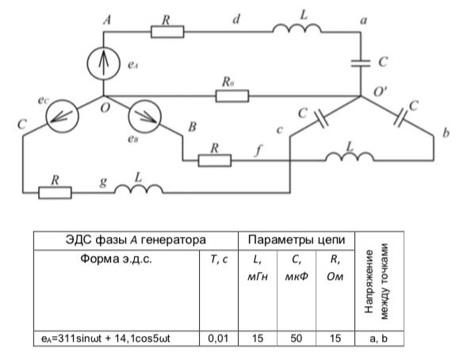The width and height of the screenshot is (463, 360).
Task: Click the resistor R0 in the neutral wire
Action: (232, 96)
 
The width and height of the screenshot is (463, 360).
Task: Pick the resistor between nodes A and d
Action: (167, 32)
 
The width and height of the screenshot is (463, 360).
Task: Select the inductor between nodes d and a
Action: (297, 28)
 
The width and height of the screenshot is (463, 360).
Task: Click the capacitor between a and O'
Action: (361, 63)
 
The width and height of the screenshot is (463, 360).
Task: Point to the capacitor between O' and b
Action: (401, 118)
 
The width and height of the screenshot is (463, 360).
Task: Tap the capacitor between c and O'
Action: (320, 119)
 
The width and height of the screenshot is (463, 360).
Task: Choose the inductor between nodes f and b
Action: (350, 156)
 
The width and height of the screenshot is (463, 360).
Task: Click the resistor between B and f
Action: (215, 160)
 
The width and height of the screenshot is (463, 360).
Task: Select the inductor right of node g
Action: (139, 189)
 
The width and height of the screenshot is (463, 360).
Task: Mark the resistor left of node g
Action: (55, 193)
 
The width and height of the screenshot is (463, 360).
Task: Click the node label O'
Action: (381, 91)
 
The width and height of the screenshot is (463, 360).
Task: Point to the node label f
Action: (258, 151)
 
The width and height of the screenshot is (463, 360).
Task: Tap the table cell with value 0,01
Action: (219, 338)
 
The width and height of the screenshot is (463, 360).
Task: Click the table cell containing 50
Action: (297, 338)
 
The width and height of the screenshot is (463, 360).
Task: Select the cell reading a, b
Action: (379, 338)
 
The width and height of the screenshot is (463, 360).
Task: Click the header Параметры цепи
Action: (297, 239)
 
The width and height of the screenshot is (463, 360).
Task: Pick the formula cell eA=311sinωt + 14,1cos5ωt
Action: (117, 338)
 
